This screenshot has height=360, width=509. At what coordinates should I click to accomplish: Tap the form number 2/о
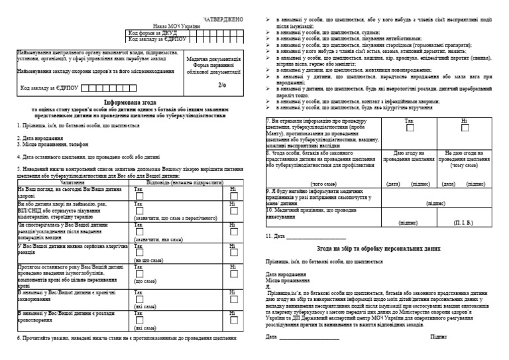click(x=221, y=85)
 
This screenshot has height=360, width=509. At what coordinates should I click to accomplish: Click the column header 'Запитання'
click(x=72, y=182)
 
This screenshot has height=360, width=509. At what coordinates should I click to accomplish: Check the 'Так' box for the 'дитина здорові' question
click(x=140, y=196)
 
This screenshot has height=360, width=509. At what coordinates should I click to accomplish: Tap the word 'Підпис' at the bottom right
click(x=438, y=337)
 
